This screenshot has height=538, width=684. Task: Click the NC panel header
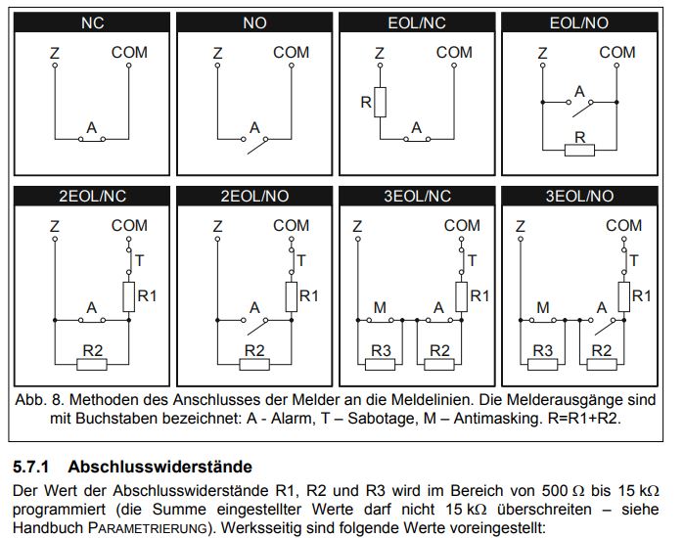click(93, 22)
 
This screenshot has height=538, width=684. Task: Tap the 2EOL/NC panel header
click(93, 196)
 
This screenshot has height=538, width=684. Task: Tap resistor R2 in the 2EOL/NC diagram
click(92, 363)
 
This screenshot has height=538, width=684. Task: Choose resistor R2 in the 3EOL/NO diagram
click(603, 363)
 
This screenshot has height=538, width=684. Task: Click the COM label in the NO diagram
click(291, 52)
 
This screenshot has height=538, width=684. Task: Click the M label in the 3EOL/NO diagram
click(543, 308)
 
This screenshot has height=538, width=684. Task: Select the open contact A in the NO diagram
click(257, 142)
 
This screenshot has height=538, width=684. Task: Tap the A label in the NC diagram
click(92, 127)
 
